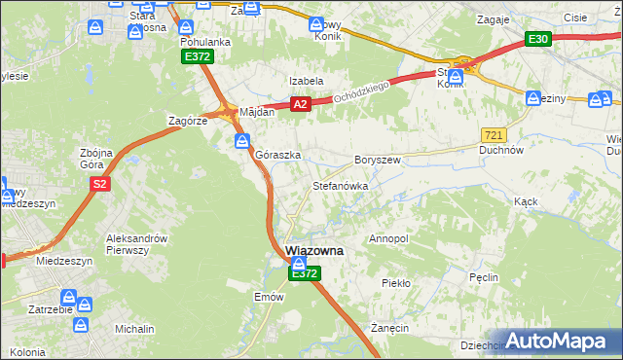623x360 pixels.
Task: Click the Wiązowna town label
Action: pyautogui.click(x=314, y=250)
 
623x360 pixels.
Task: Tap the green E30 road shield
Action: pyautogui.click(x=538, y=39)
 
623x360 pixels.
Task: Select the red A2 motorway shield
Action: pyautogui.click(x=300, y=104)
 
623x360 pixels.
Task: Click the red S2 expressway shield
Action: pyautogui.click(x=98, y=184)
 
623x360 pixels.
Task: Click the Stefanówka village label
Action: pyautogui.click(x=340, y=185)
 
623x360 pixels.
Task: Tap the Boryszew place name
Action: pyautogui.click(x=378, y=159)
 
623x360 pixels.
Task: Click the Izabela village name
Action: pyautogui.click(x=305, y=81)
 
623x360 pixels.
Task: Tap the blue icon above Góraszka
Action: pyautogui.click(x=241, y=141)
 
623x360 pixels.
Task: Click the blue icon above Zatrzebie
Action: pyautogui.click(x=69, y=298)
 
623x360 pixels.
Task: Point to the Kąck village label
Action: pyautogui.click(x=526, y=201)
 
